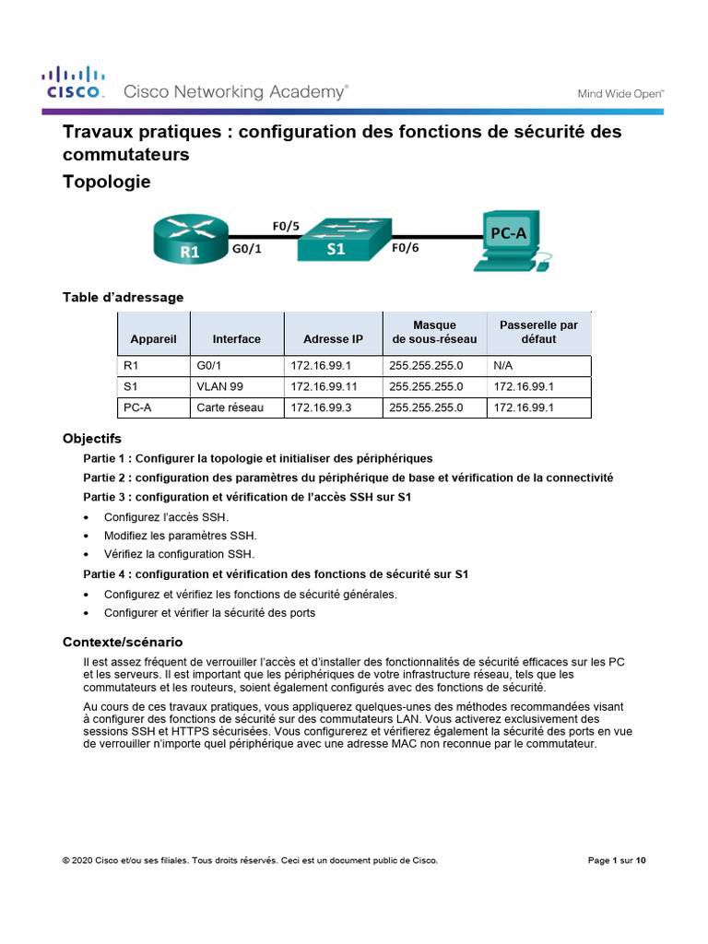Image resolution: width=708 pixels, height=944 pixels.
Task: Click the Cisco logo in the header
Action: pos(74,82)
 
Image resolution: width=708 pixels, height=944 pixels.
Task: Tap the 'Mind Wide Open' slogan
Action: pos(620,93)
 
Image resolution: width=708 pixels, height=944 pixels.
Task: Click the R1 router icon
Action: pos(188,238)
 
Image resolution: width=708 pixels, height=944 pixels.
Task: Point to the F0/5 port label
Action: pos(286,226)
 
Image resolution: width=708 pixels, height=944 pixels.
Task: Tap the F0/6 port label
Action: pos(407,248)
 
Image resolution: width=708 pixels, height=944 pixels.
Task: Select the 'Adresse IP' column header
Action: pos(333,339)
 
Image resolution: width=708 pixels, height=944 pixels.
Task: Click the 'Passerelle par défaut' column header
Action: pos(538,332)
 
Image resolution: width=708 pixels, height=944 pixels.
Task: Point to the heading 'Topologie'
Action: pos(106,183)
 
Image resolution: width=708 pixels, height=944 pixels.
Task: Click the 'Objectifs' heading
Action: pos(91,439)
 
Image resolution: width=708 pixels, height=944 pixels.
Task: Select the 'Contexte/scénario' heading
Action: pos(123,642)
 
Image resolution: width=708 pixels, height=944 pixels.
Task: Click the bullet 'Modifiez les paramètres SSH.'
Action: pos(180,536)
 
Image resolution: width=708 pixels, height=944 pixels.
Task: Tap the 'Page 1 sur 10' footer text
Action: pos(617,861)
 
